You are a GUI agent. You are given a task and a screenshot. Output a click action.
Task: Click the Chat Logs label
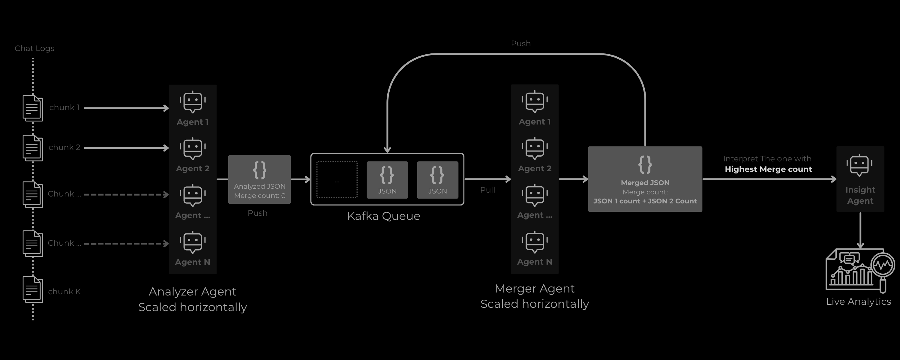pos(34,48)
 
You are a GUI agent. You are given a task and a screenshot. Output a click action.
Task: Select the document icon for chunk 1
pos(32,108)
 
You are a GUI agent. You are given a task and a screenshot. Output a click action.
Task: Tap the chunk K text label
pos(64,292)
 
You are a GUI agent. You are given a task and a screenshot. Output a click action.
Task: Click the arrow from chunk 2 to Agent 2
pos(126,148)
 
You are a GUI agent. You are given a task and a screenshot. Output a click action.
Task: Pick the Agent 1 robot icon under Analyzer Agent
pos(193,102)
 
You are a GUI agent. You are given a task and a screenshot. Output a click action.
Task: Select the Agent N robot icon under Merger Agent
pos(535,242)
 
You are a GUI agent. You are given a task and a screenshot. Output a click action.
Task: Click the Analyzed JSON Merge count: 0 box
pos(259,179)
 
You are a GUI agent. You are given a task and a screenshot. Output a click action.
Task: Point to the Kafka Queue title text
pos(383,216)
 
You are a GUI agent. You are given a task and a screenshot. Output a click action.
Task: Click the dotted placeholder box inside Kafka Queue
pos(337,180)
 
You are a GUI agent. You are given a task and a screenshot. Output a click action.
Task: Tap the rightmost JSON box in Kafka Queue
pos(437,180)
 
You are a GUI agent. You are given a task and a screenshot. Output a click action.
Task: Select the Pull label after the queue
pos(487,190)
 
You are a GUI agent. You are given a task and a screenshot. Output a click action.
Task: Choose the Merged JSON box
pos(645,179)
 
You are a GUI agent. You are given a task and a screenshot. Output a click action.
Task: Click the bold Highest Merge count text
pos(768,169)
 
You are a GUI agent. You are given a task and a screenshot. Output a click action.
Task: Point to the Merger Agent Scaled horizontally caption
pos(535,296)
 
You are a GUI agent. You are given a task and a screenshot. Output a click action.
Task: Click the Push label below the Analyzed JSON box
pos(257,213)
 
